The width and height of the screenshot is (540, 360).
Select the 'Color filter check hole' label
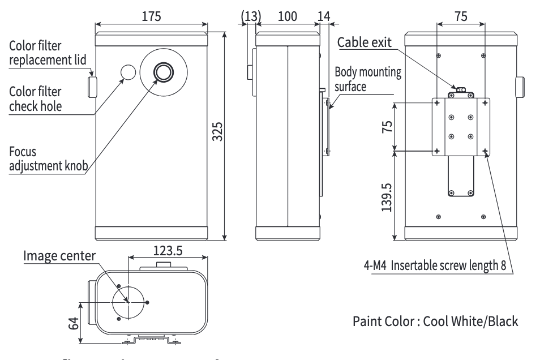click(36, 98)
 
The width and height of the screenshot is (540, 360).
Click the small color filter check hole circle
click(128, 72)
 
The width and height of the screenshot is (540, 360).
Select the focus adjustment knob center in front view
click(164, 72)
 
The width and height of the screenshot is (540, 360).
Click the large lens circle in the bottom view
click(128, 302)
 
